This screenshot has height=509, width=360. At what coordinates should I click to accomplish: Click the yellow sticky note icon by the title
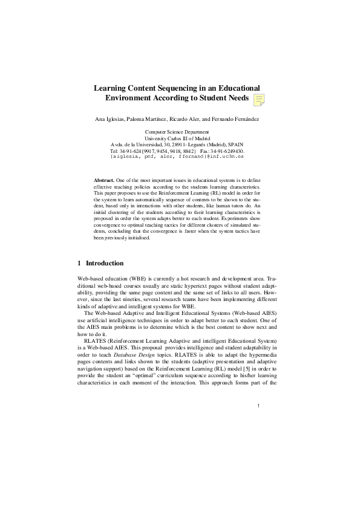click(258, 100)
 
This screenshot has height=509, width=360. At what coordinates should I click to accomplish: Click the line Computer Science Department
click(177, 132)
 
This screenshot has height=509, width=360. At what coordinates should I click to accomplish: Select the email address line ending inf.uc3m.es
click(177, 155)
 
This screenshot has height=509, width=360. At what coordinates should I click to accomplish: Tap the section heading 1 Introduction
click(101, 263)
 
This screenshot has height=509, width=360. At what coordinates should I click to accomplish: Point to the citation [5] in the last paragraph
click(247, 368)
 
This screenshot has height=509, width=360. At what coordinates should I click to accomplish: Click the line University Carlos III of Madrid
click(177, 138)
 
